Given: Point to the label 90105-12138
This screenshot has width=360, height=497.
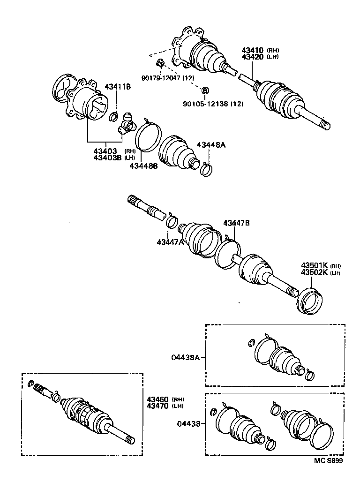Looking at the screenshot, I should pyautogui.click(x=206, y=104).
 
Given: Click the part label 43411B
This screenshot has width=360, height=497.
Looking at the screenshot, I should pyautogui.click(x=117, y=87).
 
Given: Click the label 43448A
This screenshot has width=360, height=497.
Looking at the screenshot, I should pyautogui.click(x=210, y=145).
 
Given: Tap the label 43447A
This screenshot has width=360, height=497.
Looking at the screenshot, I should pyautogui.click(x=171, y=242).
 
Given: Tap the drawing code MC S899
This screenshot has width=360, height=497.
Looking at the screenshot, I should pyautogui.click(x=328, y=461).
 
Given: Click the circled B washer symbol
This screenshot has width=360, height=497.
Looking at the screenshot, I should pyautogui.click(x=204, y=90).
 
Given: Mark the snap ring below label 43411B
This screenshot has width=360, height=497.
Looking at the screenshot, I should pyautogui.click(x=113, y=117).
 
